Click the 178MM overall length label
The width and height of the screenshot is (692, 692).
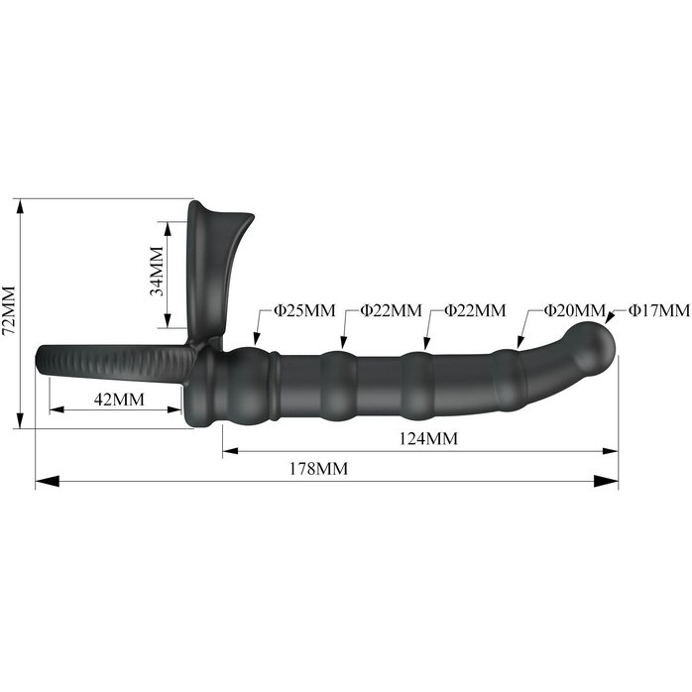point(318,468)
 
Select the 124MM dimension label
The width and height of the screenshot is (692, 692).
point(428,438)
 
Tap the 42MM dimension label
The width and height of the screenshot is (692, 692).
point(119,400)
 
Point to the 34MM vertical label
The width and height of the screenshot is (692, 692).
point(157,271)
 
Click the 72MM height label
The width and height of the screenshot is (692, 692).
point(9,310)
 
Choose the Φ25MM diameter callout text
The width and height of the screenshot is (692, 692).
point(304,310)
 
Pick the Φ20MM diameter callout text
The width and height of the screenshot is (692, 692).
point(574,310)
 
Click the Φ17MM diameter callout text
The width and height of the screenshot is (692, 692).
point(659,310)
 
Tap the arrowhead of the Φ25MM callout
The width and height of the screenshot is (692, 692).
point(257,338)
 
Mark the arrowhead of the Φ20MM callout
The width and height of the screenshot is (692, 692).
point(520,342)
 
